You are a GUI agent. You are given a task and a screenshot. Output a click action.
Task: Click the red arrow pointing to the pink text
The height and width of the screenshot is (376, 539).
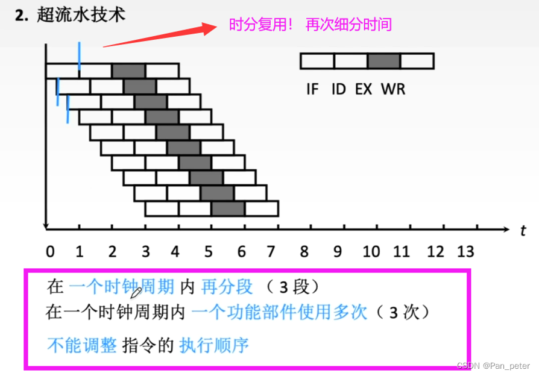(x=160, y=36)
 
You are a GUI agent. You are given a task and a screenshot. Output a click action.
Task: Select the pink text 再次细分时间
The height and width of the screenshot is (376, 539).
(x=348, y=25)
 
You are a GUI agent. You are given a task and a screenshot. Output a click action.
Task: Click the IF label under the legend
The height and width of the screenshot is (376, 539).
(x=312, y=89)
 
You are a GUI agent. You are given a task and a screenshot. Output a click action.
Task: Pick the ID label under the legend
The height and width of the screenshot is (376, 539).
(x=338, y=89)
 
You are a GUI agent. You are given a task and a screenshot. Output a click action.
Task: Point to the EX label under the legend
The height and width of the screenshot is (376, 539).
(x=363, y=89)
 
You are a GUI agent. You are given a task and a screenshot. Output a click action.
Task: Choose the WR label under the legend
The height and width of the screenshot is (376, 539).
(x=393, y=89)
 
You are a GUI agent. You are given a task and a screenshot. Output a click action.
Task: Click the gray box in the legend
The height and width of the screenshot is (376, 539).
(x=384, y=61)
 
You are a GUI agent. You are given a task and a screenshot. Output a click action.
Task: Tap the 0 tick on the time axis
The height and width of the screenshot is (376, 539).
(x=50, y=251)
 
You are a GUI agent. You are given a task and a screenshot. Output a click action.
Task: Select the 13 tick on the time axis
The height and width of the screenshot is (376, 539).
(x=465, y=251)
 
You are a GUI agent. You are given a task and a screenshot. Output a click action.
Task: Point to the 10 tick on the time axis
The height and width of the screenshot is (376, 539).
(x=371, y=251)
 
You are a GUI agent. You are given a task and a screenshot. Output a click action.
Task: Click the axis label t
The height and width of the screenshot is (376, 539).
(x=523, y=230)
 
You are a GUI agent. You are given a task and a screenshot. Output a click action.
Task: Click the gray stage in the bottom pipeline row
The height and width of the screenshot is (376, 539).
(x=228, y=208)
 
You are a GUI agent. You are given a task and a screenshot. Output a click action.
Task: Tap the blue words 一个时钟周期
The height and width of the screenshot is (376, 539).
(x=121, y=286)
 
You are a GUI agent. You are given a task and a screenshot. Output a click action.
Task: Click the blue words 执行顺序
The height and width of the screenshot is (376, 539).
(x=214, y=345)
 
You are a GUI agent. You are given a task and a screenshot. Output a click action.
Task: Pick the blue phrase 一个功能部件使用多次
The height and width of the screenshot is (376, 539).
(x=279, y=313)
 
